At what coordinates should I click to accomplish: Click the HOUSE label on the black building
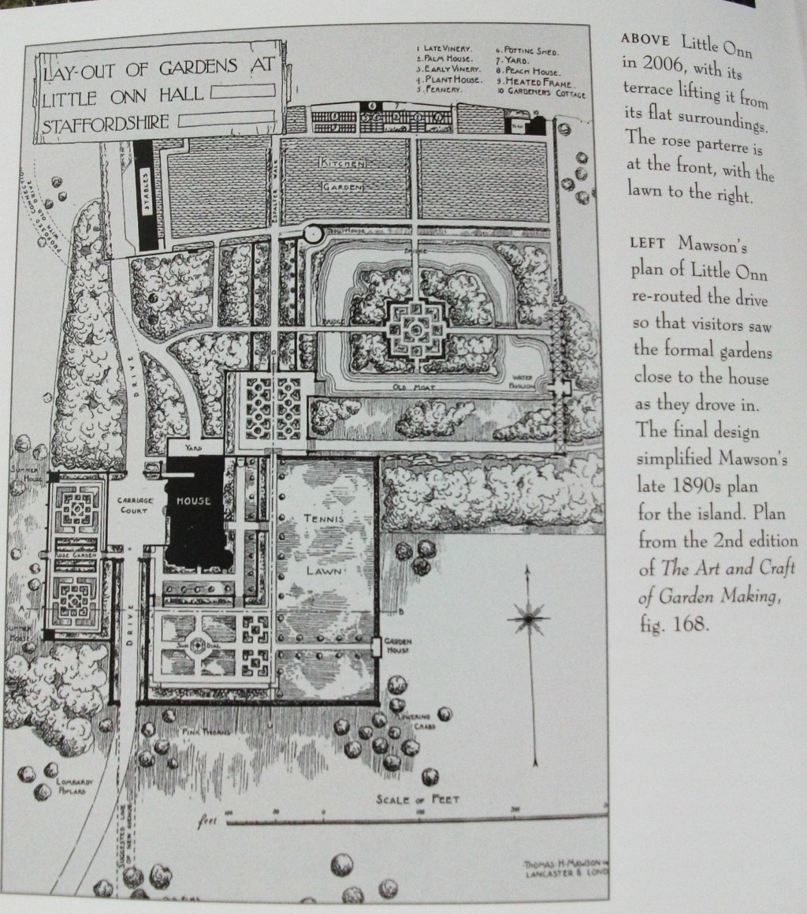[193, 500]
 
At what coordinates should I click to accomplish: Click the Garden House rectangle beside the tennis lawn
[377, 647]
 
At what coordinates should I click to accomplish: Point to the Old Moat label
[412, 387]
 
